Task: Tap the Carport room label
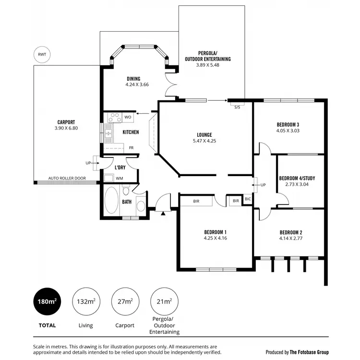pyautogui.click(x=65, y=122)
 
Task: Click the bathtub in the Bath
pyautogui.click(x=112, y=201)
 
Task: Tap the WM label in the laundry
pyautogui.click(x=119, y=179)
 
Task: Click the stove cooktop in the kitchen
pyautogui.click(x=115, y=117)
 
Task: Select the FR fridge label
pyautogui.click(x=131, y=148)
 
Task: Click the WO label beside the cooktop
pyautogui.click(x=128, y=117)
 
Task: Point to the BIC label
pyautogui.click(x=248, y=199)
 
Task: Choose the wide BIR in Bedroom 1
pyautogui.click(x=196, y=200)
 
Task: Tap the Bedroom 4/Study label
pyautogui.click(x=297, y=178)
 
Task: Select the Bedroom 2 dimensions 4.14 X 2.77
pyautogui.click(x=291, y=238)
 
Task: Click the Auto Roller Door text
pyautogui.click(x=67, y=178)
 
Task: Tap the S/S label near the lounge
pyautogui.click(x=237, y=107)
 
